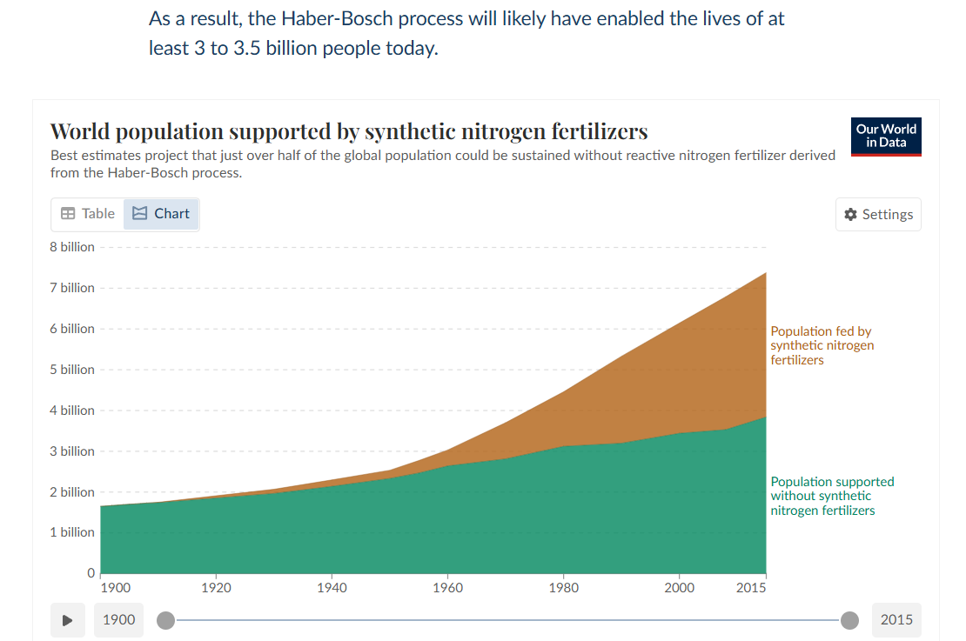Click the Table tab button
tap(88, 214)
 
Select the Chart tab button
tap(161, 214)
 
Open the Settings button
tap(878, 214)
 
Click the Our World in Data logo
tap(886, 137)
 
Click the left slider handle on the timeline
tap(165, 620)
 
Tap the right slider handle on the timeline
tap(849, 620)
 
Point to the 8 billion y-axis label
tap(72, 247)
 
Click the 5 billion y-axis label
tap(72, 370)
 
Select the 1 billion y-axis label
tap(72, 532)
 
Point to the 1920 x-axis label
tap(216, 587)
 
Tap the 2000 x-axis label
tap(679, 587)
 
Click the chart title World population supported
tap(349, 131)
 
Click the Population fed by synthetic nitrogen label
tap(822, 345)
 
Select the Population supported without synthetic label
tap(832, 496)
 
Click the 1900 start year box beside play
tap(119, 620)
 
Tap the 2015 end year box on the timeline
tap(896, 620)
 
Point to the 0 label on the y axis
tap(91, 572)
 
